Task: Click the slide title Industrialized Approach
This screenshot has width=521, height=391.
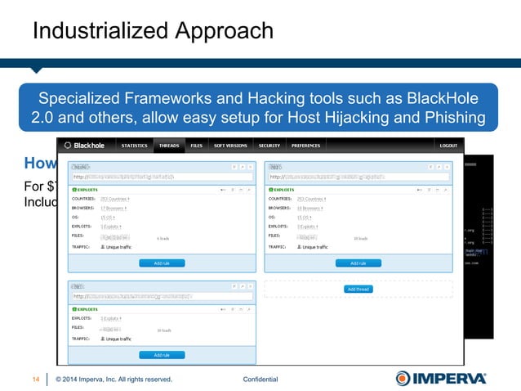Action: (153, 31)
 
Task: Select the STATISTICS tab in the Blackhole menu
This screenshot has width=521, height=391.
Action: (134, 146)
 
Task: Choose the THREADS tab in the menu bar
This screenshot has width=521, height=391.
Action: (169, 146)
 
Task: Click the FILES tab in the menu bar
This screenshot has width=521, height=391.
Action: (197, 146)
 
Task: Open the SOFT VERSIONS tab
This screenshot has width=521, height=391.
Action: (231, 146)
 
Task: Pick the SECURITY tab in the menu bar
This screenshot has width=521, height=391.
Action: (269, 146)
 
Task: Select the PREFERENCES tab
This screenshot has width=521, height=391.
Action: (306, 146)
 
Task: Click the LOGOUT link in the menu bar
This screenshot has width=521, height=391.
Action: (448, 146)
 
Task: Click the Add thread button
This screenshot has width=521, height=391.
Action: (358, 290)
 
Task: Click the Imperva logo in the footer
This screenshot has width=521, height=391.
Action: (441, 378)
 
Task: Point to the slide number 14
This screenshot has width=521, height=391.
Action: (36, 379)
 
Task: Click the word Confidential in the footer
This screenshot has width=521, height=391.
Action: (260, 379)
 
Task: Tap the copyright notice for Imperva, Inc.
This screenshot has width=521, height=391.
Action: (114, 379)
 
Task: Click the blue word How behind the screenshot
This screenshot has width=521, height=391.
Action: (39, 161)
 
